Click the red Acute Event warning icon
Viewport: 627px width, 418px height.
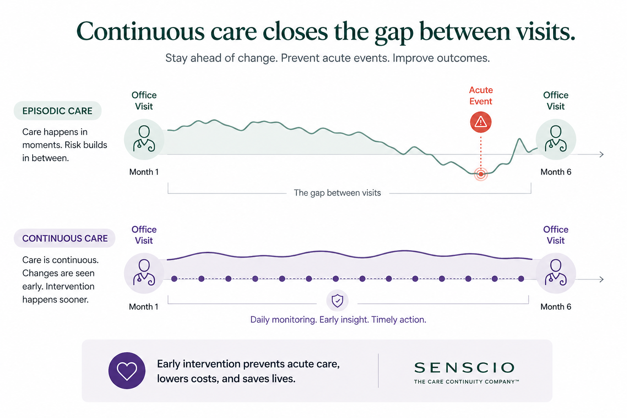coord(480,122)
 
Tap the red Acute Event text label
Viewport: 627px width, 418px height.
coord(481,96)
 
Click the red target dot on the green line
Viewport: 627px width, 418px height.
coord(481,174)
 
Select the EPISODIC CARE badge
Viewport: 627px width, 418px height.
coord(58,111)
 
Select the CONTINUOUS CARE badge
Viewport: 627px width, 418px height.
coord(64,238)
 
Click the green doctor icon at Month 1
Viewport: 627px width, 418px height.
coord(144,139)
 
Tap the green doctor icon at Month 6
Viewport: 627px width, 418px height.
coord(556,139)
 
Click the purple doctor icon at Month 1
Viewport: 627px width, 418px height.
coord(144,273)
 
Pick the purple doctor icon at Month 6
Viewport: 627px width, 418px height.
coord(556,273)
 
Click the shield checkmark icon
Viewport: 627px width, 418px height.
coord(337,301)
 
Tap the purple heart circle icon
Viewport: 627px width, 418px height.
coord(127,371)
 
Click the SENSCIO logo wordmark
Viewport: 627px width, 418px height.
coord(465,368)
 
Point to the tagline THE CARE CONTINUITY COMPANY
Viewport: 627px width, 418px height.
coord(466,382)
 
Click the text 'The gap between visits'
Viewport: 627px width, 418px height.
coord(337,193)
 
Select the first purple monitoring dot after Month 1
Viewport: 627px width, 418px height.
coord(174,279)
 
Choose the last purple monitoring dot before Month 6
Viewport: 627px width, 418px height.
coord(521,279)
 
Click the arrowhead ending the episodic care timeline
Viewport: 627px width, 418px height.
coord(601,154)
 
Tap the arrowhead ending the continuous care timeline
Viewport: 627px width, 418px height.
coord(601,279)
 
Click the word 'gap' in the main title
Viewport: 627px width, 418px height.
coord(394,33)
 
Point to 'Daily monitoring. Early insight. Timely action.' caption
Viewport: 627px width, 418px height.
coord(338,320)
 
